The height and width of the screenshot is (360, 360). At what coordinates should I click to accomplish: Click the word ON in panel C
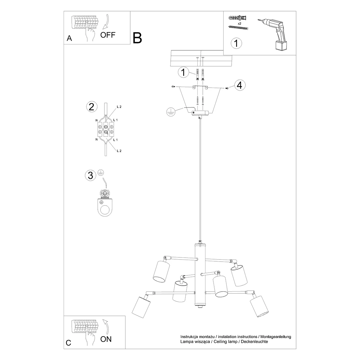[106, 339]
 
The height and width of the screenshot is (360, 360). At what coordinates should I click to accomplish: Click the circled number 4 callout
[239, 85]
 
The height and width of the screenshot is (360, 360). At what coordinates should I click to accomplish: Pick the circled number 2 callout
[91, 106]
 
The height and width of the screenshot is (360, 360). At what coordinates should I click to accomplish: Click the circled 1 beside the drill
[236, 43]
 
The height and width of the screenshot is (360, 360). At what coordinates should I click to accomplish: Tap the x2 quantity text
[239, 23]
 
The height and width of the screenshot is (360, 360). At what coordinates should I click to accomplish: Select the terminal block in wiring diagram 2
[105, 129]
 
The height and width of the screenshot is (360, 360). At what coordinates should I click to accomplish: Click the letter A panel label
[69, 38]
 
